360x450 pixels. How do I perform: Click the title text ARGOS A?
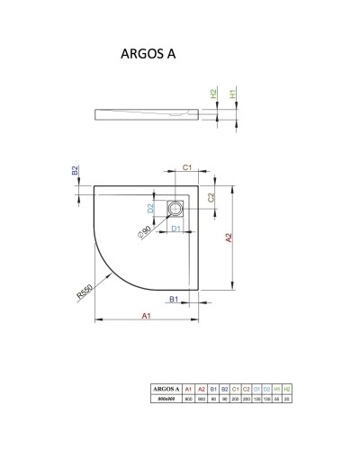coord(148,53)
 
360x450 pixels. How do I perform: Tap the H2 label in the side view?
coord(214,94)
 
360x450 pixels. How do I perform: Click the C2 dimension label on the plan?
coord(210,197)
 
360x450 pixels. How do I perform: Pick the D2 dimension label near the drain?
coord(151,209)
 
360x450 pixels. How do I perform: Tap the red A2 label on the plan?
coord(229,238)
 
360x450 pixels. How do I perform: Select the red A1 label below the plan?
coord(147,313)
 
